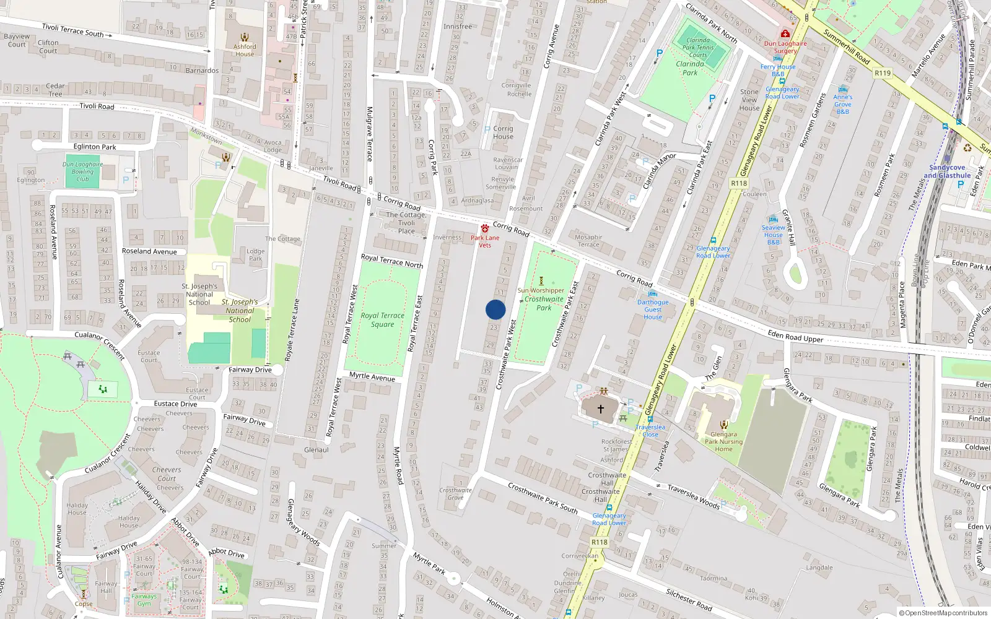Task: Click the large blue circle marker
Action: click(x=495, y=309)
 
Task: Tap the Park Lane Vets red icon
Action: click(x=485, y=228)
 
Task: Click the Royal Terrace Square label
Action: click(x=382, y=320)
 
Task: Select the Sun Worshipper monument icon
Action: click(x=541, y=280)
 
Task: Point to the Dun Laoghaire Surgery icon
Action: click(x=785, y=33)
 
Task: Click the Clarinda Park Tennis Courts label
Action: click(x=698, y=48)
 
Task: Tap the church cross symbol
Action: click(x=600, y=409)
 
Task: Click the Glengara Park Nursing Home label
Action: click(x=723, y=441)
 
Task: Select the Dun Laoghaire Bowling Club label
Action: click(x=82, y=171)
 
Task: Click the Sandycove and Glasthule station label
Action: click(x=947, y=171)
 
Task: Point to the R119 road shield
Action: click(x=883, y=73)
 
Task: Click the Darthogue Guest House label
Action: click(x=653, y=309)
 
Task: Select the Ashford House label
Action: click(x=245, y=50)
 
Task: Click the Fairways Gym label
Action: click(x=144, y=600)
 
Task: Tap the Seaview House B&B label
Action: click(x=773, y=235)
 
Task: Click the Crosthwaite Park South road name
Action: click(x=543, y=498)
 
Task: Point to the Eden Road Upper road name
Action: click(x=795, y=336)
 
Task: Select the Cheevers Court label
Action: click(x=167, y=474)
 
